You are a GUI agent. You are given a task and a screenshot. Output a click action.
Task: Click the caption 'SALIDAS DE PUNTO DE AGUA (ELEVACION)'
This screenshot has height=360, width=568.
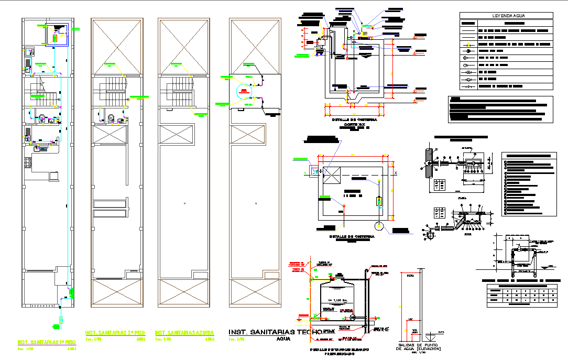419,346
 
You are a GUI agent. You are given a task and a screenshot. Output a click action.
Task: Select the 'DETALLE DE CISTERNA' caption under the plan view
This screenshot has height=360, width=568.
352,236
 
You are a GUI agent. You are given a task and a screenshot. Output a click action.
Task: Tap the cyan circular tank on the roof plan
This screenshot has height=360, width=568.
245,91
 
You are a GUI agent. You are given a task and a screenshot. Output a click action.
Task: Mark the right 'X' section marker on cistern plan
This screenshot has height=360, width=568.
396,173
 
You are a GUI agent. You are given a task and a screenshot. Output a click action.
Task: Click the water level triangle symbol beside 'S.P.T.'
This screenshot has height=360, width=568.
431,334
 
